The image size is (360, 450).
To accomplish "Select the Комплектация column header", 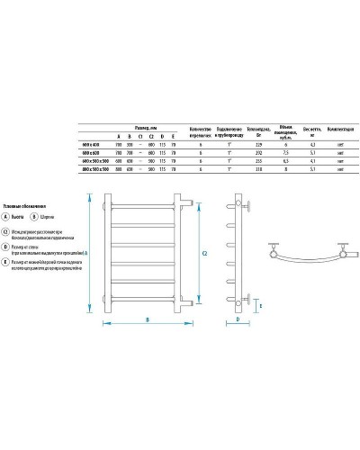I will pyautogui.click(x=315, y=129).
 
